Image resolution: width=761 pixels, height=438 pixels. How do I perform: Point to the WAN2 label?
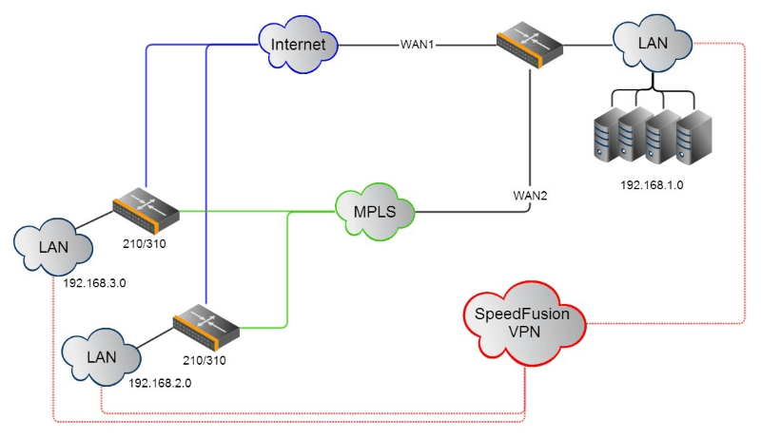click(x=532, y=195)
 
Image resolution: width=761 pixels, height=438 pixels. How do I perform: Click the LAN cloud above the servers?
click(x=652, y=44)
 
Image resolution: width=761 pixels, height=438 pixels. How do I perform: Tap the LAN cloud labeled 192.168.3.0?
click(x=54, y=246)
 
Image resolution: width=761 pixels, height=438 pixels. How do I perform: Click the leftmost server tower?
click(x=609, y=137)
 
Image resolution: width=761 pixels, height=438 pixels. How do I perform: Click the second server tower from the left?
click(x=635, y=137)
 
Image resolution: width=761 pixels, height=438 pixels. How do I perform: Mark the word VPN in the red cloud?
click(x=524, y=333)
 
